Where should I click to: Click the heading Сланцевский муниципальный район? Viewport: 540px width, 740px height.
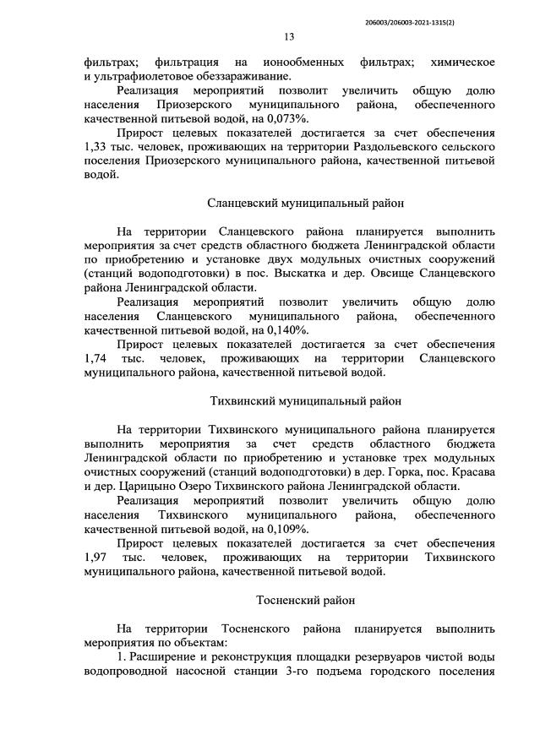(x=306, y=203)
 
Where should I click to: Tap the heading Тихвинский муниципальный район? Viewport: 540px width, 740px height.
(x=306, y=400)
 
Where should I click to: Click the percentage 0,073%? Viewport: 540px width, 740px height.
(x=262, y=120)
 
